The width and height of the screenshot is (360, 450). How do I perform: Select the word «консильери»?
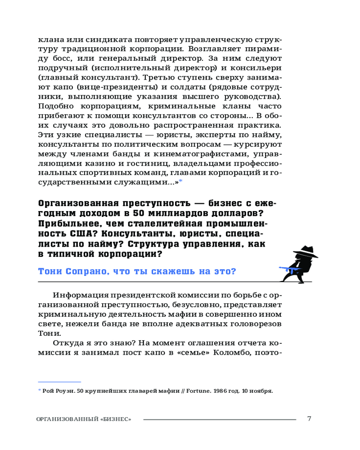[256, 68]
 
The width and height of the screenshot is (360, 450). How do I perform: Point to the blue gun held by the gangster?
[288, 270]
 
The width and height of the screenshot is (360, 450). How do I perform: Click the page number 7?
[309, 418]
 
